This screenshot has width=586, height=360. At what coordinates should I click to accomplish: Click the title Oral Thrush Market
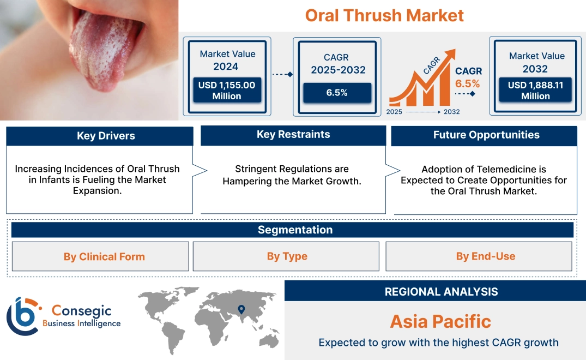384,15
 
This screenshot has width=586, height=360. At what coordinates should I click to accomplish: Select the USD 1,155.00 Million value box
226,91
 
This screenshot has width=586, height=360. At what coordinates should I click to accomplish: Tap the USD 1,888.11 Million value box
535,91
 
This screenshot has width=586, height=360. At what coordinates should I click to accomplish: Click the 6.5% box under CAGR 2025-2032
337,93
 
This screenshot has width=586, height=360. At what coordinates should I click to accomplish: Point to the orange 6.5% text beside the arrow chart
468,83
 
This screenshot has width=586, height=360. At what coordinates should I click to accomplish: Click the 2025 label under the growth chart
394,112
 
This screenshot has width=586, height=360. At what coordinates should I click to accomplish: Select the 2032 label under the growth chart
451,112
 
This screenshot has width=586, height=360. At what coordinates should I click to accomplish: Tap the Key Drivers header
106,136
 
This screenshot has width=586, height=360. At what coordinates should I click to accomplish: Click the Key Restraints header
293,135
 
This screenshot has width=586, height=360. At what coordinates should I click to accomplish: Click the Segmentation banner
295,230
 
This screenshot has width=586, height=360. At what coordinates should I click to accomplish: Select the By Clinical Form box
104,256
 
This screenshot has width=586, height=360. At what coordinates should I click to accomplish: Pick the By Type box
287,256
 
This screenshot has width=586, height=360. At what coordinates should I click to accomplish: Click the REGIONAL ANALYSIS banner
441,291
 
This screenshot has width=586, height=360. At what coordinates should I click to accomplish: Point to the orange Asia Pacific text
440,321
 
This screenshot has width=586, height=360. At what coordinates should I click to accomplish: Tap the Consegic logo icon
23,316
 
